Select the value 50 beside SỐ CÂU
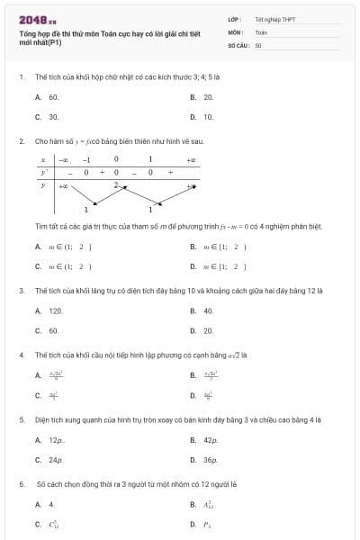tap(258, 43)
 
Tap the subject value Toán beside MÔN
tap(261, 31)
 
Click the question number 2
tap(21, 141)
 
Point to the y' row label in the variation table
tap(43, 171)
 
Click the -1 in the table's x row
tap(86, 158)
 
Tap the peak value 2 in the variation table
tap(116, 184)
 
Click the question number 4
tap(21, 355)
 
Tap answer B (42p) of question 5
tap(211, 440)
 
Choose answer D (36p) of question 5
tap(211, 460)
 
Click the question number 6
tap(21, 483)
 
